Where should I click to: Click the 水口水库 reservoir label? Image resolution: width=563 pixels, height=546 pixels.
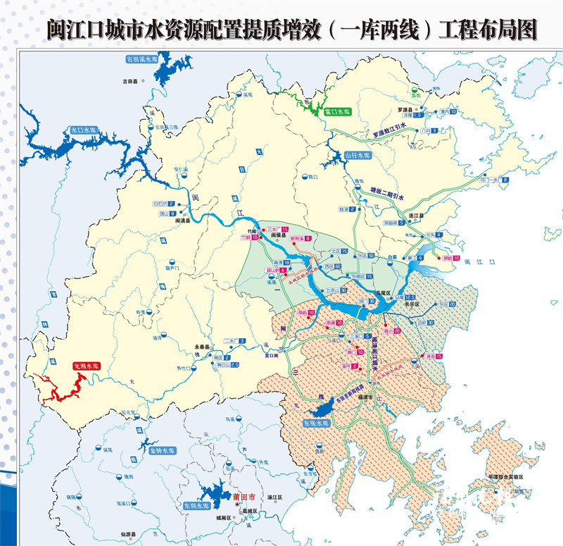point(82,130)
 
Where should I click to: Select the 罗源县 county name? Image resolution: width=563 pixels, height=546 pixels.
point(402,110)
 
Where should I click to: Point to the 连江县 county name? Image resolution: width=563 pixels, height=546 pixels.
point(419,215)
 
